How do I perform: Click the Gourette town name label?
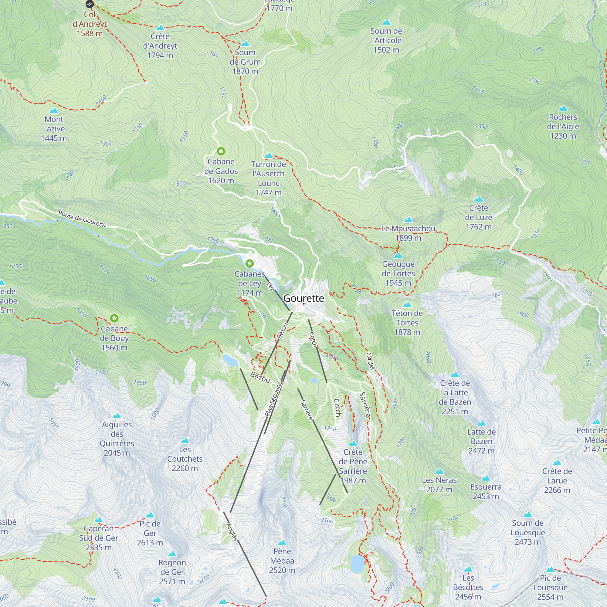303,298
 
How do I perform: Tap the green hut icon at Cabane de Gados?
221,151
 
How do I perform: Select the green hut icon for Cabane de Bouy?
114,318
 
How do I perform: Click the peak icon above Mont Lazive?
54,110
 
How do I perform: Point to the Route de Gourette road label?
82,219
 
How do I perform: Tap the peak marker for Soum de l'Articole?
386,22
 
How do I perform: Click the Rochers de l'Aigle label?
563,126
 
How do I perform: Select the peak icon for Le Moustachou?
408,220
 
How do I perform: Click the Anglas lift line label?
232,532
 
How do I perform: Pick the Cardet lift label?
371,361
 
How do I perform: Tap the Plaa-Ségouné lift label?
274,399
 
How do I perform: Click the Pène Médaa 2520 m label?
282,561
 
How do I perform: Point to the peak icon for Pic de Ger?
150,515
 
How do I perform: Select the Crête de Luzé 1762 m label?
478,217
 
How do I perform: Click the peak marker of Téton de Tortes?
407,304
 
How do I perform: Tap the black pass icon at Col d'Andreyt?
90,4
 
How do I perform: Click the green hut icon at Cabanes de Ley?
249,263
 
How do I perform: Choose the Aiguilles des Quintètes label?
117,439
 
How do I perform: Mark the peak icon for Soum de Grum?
245,44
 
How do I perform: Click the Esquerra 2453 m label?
485,491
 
